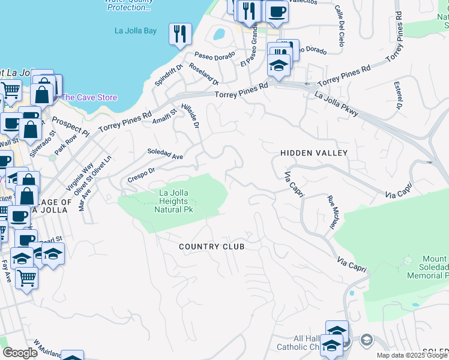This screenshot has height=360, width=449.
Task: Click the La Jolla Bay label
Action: coord(136,31)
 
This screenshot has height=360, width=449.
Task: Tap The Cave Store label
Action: coord(89,97)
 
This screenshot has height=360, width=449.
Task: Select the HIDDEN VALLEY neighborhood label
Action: coord(314,153)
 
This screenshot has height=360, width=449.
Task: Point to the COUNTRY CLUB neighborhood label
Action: coord(212,247)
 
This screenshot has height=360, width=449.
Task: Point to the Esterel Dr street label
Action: coord(397,96)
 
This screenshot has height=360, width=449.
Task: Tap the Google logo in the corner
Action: coord(20,353)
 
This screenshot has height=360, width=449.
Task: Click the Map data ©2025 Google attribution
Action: coord(412,355)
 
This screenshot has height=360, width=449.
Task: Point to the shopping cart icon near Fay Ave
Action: coord(26,278)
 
